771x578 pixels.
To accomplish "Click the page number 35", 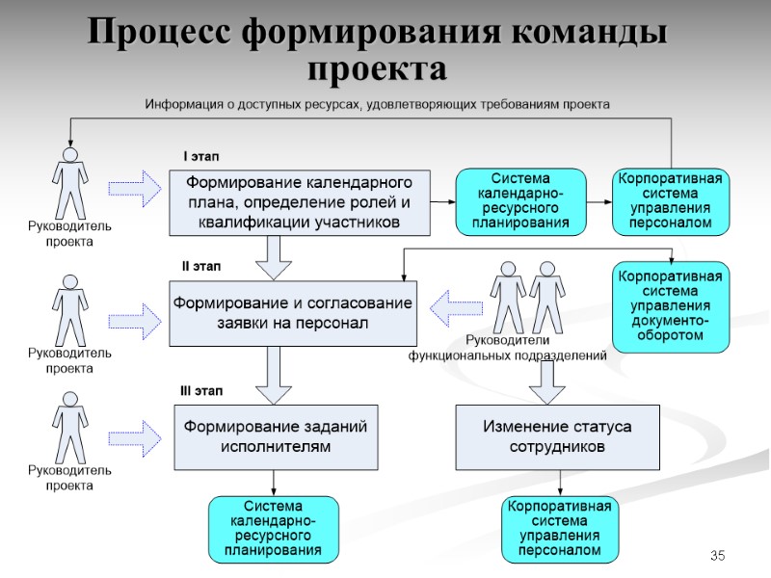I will [717, 556].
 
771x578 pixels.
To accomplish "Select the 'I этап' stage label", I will [202, 155].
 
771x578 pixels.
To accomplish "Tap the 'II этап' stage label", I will [202, 265].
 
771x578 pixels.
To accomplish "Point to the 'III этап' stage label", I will [201, 391].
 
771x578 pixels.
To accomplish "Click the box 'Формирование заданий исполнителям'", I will [275, 436].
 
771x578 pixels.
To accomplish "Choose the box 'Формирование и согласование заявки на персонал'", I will [293, 314].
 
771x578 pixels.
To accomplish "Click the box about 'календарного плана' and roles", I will [299, 202].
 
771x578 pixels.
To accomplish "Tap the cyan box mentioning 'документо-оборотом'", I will [671, 306].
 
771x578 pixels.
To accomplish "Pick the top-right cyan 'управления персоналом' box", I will [671, 201].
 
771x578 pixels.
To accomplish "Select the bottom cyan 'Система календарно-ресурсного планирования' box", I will [275, 529].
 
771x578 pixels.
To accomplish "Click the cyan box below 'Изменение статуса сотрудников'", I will [559, 529].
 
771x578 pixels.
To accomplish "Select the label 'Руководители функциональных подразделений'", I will [507, 348].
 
